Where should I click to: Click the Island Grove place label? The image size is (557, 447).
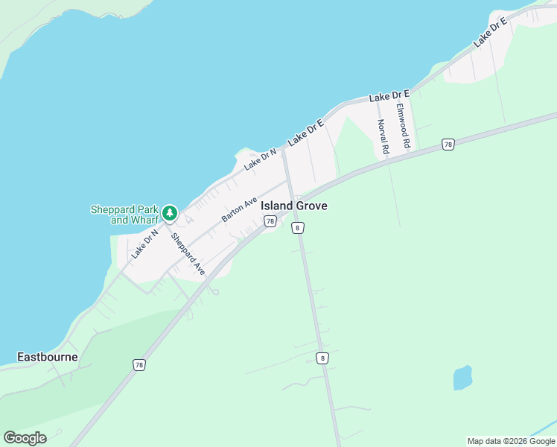pyautogui.click(x=294, y=206)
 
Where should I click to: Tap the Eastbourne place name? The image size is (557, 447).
pyautogui.click(x=48, y=357)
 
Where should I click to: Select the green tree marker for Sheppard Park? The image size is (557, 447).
pyautogui.click(x=170, y=214)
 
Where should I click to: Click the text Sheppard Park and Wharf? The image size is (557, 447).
pyautogui.click(x=125, y=215)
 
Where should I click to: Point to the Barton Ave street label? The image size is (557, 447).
pyautogui.click(x=239, y=210)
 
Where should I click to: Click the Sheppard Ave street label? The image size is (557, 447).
pyautogui.click(x=188, y=255)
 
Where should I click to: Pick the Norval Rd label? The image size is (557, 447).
pyautogui.click(x=383, y=137)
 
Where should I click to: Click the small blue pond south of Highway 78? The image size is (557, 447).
pyautogui.click(x=462, y=378)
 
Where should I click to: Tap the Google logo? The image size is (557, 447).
pyautogui.click(x=25, y=438)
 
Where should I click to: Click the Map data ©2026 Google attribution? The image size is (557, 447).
pyautogui.click(x=511, y=441)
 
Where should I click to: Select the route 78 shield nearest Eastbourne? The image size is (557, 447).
pyautogui.click(x=139, y=365)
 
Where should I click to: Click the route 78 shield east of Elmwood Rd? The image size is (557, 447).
pyautogui.click(x=448, y=145)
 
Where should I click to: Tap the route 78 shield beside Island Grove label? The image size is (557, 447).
pyautogui.click(x=270, y=221)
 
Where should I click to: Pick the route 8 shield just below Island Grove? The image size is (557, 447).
pyautogui.click(x=298, y=228)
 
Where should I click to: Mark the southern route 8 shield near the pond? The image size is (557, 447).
pyautogui.click(x=322, y=358)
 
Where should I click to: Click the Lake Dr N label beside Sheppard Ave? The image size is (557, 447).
pyautogui.click(x=145, y=244)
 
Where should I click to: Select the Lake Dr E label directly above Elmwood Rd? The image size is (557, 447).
pyautogui.click(x=389, y=96)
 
